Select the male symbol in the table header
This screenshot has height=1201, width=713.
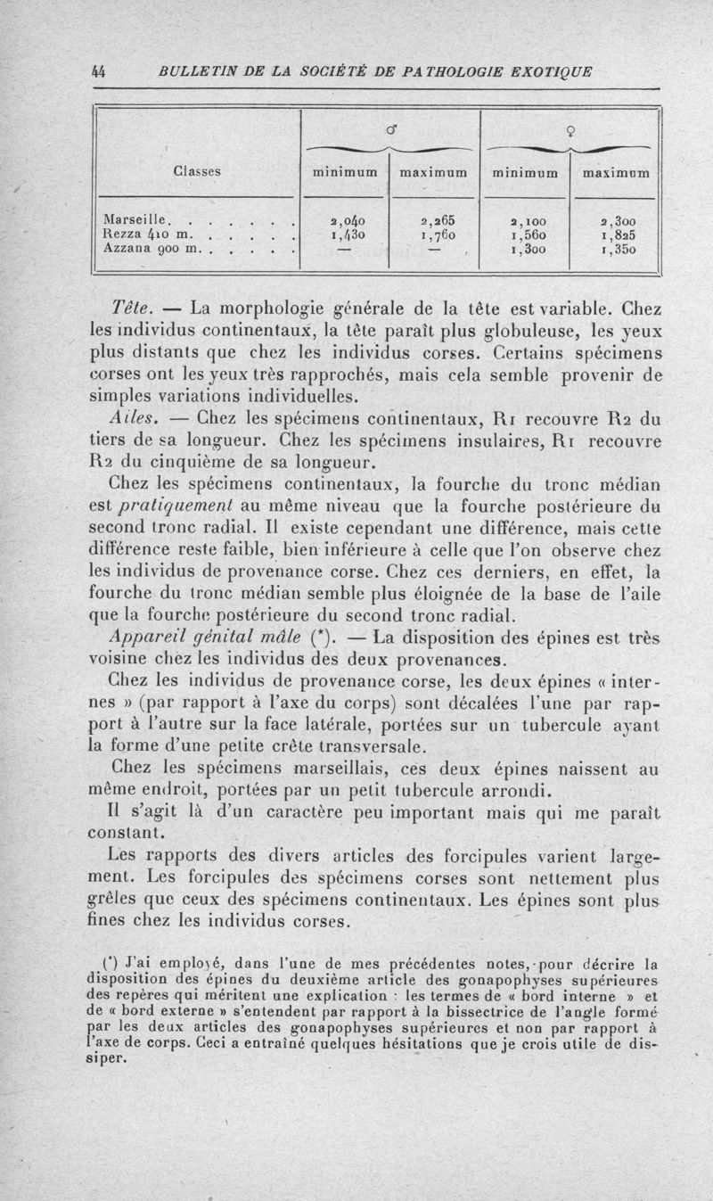click(x=390, y=132)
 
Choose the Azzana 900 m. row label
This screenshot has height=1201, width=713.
click(x=148, y=251)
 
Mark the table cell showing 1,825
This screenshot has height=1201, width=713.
click(x=614, y=234)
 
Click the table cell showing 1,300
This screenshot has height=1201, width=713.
click(x=526, y=251)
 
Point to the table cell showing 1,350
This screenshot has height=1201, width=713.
click(x=614, y=251)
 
